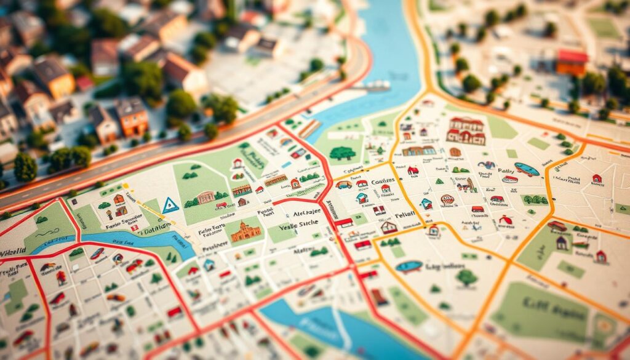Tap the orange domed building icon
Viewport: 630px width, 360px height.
coord(245,231)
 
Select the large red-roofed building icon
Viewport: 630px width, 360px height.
coord(466,130)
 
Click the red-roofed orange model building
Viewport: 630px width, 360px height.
coord(572,62)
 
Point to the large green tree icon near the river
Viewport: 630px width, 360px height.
coord(342,153)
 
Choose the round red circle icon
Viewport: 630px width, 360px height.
coord(447,199)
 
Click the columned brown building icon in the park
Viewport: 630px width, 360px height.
coord(206,198)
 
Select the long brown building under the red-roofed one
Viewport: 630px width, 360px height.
coord(419,151)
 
